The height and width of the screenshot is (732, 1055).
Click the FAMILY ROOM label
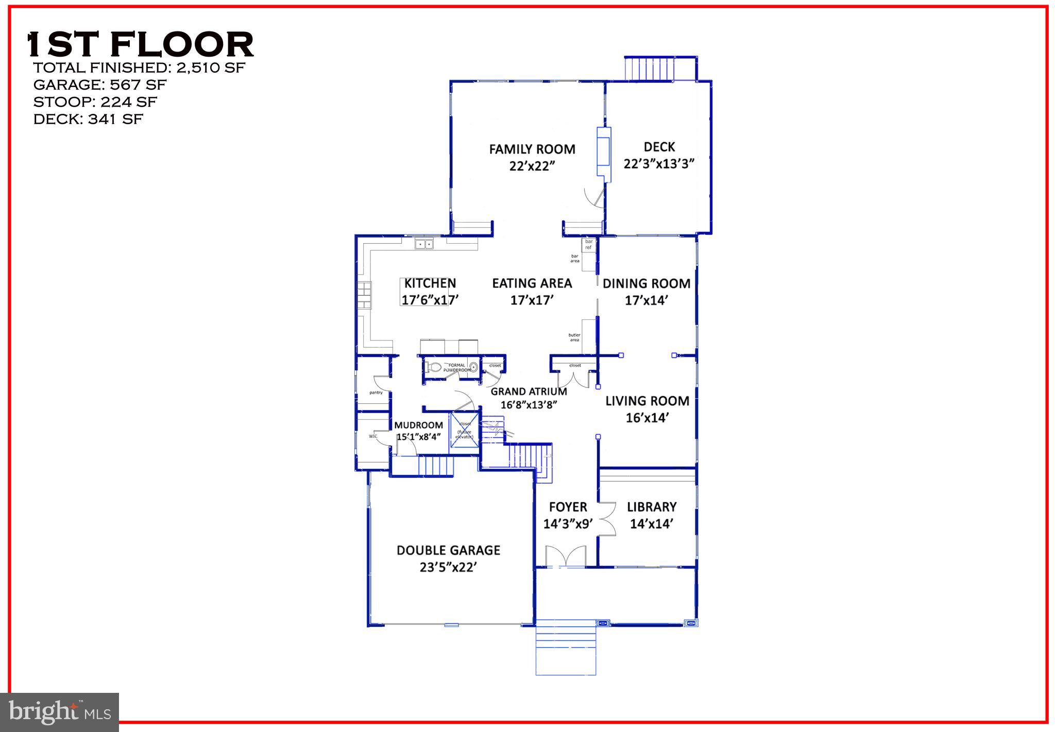tap(532, 149)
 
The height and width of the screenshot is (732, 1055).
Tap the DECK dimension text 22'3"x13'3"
tap(659, 164)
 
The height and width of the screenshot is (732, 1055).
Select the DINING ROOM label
tap(646, 283)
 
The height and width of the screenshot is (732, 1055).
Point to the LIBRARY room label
tap(651, 507)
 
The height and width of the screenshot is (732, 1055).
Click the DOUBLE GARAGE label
tap(448, 550)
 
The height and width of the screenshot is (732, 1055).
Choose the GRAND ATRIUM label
tap(529, 391)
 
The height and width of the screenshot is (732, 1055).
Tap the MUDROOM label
tap(418, 425)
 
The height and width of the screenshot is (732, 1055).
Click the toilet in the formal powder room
tap(434, 368)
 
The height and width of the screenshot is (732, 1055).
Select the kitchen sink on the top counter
tap(424, 244)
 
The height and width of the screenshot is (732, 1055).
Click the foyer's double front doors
tap(566, 557)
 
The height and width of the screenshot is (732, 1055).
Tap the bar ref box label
tap(589, 244)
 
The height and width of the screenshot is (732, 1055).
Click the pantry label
tap(376, 393)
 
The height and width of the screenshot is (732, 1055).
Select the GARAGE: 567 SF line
tap(100, 84)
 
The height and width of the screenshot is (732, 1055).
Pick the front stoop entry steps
tap(566, 650)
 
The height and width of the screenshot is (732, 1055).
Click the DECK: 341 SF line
tap(88, 119)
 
